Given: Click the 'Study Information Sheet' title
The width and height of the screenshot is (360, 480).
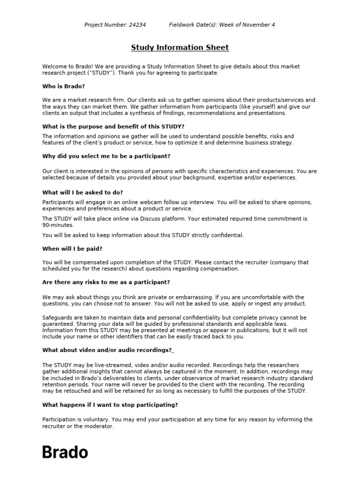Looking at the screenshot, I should [x=180, y=47].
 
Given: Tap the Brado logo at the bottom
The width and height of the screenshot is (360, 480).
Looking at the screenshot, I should [x=65, y=452].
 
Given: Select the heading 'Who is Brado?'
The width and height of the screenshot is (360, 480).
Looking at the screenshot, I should [x=64, y=86].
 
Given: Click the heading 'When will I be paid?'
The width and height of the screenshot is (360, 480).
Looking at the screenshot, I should [x=72, y=248].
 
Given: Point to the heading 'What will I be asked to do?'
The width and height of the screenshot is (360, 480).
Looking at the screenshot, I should [x=82, y=192].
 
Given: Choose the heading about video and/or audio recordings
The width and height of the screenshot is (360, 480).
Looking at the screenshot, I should [x=107, y=350].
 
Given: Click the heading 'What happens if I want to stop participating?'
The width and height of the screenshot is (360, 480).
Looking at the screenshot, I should [x=110, y=405].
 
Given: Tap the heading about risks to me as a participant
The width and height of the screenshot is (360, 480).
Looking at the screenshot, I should [x=106, y=282].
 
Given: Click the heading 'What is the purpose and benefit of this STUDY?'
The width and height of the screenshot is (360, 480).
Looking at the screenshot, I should [x=113, y=127].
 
